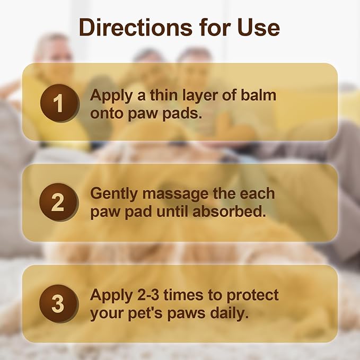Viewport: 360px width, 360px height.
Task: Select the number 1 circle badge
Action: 58,103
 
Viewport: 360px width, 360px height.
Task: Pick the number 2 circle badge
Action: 58,202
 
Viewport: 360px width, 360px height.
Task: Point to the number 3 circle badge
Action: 58,304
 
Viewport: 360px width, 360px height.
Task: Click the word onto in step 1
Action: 107,113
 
